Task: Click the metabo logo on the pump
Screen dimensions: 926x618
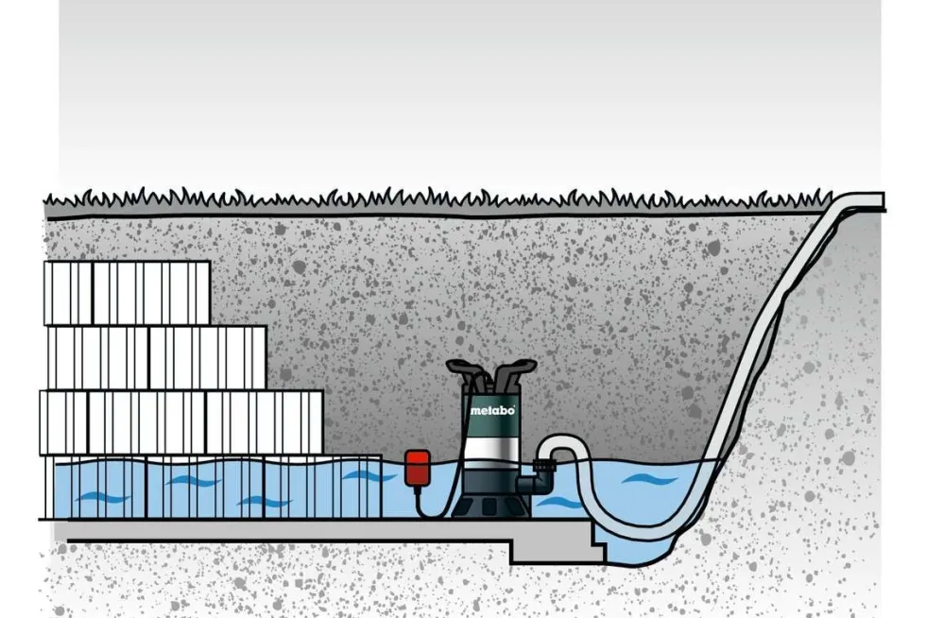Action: [492, 409]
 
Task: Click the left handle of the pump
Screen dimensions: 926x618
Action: [464, 372]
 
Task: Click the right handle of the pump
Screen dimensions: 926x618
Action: [514, 371]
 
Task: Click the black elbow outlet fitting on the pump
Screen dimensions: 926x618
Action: [537, 483]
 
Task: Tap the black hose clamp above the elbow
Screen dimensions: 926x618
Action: [542, 463]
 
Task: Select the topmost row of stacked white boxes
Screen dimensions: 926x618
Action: [127, 293]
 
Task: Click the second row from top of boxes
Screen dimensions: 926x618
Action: [157, 357]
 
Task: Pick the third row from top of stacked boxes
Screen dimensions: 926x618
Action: [181, 421]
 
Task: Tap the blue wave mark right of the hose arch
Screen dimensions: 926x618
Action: [649, 478]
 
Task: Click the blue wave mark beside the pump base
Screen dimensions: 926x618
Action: [559, 503]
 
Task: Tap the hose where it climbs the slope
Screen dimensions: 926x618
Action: [767, 331]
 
